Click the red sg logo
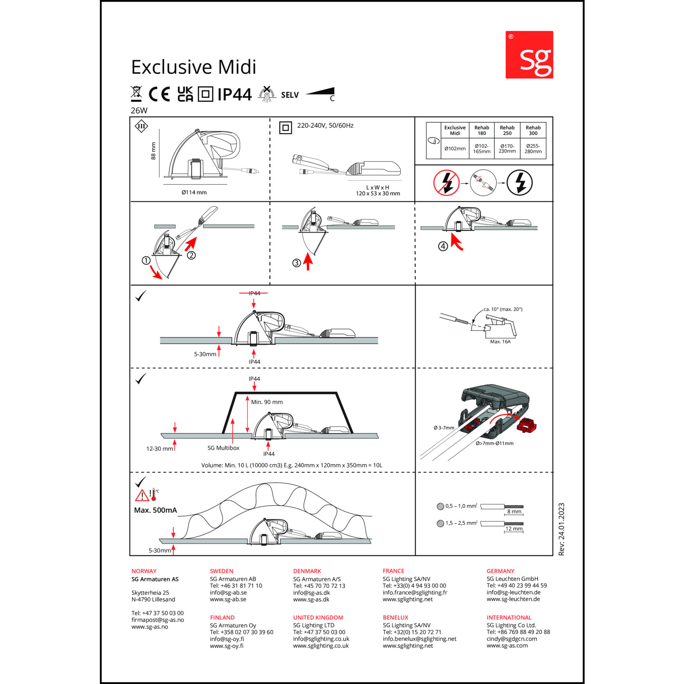[529, 55]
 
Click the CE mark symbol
[159, 94]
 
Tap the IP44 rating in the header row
[234, 94]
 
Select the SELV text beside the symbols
[290, 95]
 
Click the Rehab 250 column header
[507, 130]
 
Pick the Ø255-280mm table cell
[533, 149]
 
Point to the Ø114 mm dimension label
[194, 192]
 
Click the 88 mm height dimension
[153, 150]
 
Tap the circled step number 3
[296, 263]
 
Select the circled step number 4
[443, 246]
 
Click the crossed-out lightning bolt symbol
[446, 183]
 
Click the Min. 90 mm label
[267, 402]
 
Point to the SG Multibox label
[223, 448]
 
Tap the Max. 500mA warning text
[155, 510]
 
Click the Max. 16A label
[500, 342]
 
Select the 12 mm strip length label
[514, 529]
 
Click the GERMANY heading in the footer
[500, 571]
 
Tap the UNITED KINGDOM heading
[318, 617]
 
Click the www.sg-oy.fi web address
[227, 646]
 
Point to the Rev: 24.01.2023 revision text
[561, 529]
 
